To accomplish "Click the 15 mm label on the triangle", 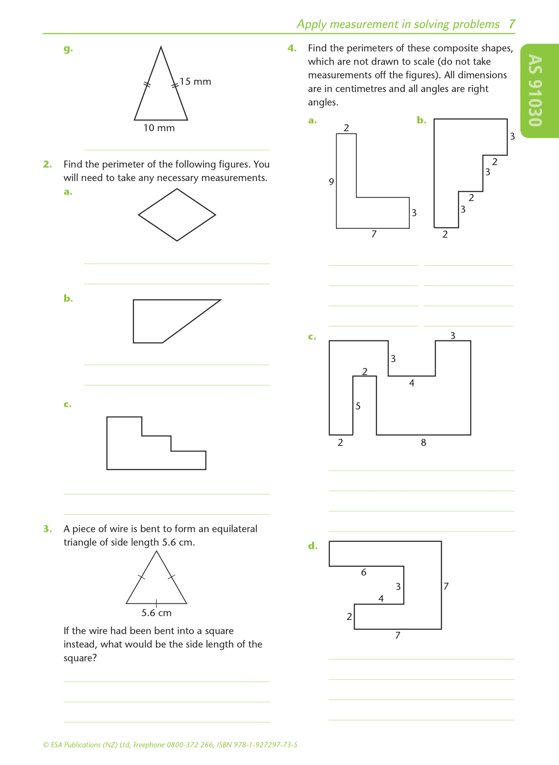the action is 195,82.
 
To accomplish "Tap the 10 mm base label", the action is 159,128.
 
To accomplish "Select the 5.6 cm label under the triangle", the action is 156,613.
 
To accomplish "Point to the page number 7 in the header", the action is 512,24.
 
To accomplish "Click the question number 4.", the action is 292,48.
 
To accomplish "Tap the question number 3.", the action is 48,529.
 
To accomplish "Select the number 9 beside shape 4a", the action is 331,182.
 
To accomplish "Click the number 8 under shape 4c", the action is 424,442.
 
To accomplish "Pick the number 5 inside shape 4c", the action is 358,406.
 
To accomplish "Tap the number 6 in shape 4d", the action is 364,572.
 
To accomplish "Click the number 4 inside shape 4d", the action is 381,599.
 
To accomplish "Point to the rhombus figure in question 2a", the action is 177,189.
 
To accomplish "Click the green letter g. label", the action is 68,49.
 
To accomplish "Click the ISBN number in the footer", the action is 257,745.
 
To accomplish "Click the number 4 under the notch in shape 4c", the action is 412,383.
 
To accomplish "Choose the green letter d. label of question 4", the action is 313,546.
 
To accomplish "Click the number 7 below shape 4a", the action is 374,234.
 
